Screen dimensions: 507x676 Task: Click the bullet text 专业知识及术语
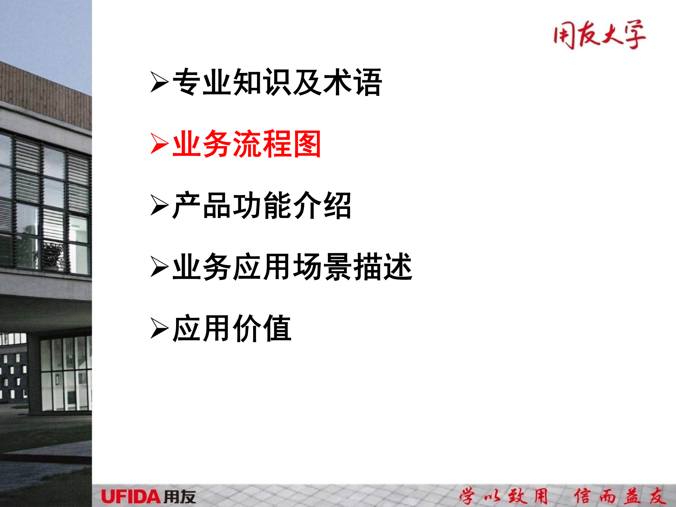tap(277, 82)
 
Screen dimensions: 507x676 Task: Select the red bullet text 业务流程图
tap(247, 144)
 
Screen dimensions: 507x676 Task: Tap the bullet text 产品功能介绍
tap(262, 205)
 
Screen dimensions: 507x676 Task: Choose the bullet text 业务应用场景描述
tap(292, 267)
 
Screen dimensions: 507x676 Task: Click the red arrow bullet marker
tap(159, 144)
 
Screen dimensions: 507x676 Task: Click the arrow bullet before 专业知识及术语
tap(159, 82)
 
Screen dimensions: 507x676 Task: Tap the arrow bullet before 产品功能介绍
tap(159, 205)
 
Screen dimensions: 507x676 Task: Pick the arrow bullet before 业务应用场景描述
tap(159, 267)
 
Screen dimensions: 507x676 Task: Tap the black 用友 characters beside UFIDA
tap(180, 497)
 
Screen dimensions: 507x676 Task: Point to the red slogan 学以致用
tap(504, 496)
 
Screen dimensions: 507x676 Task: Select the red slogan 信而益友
tap(620, 496)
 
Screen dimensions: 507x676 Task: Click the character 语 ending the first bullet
tap(368, 82)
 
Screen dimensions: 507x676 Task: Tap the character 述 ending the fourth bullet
tap(398, 267)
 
